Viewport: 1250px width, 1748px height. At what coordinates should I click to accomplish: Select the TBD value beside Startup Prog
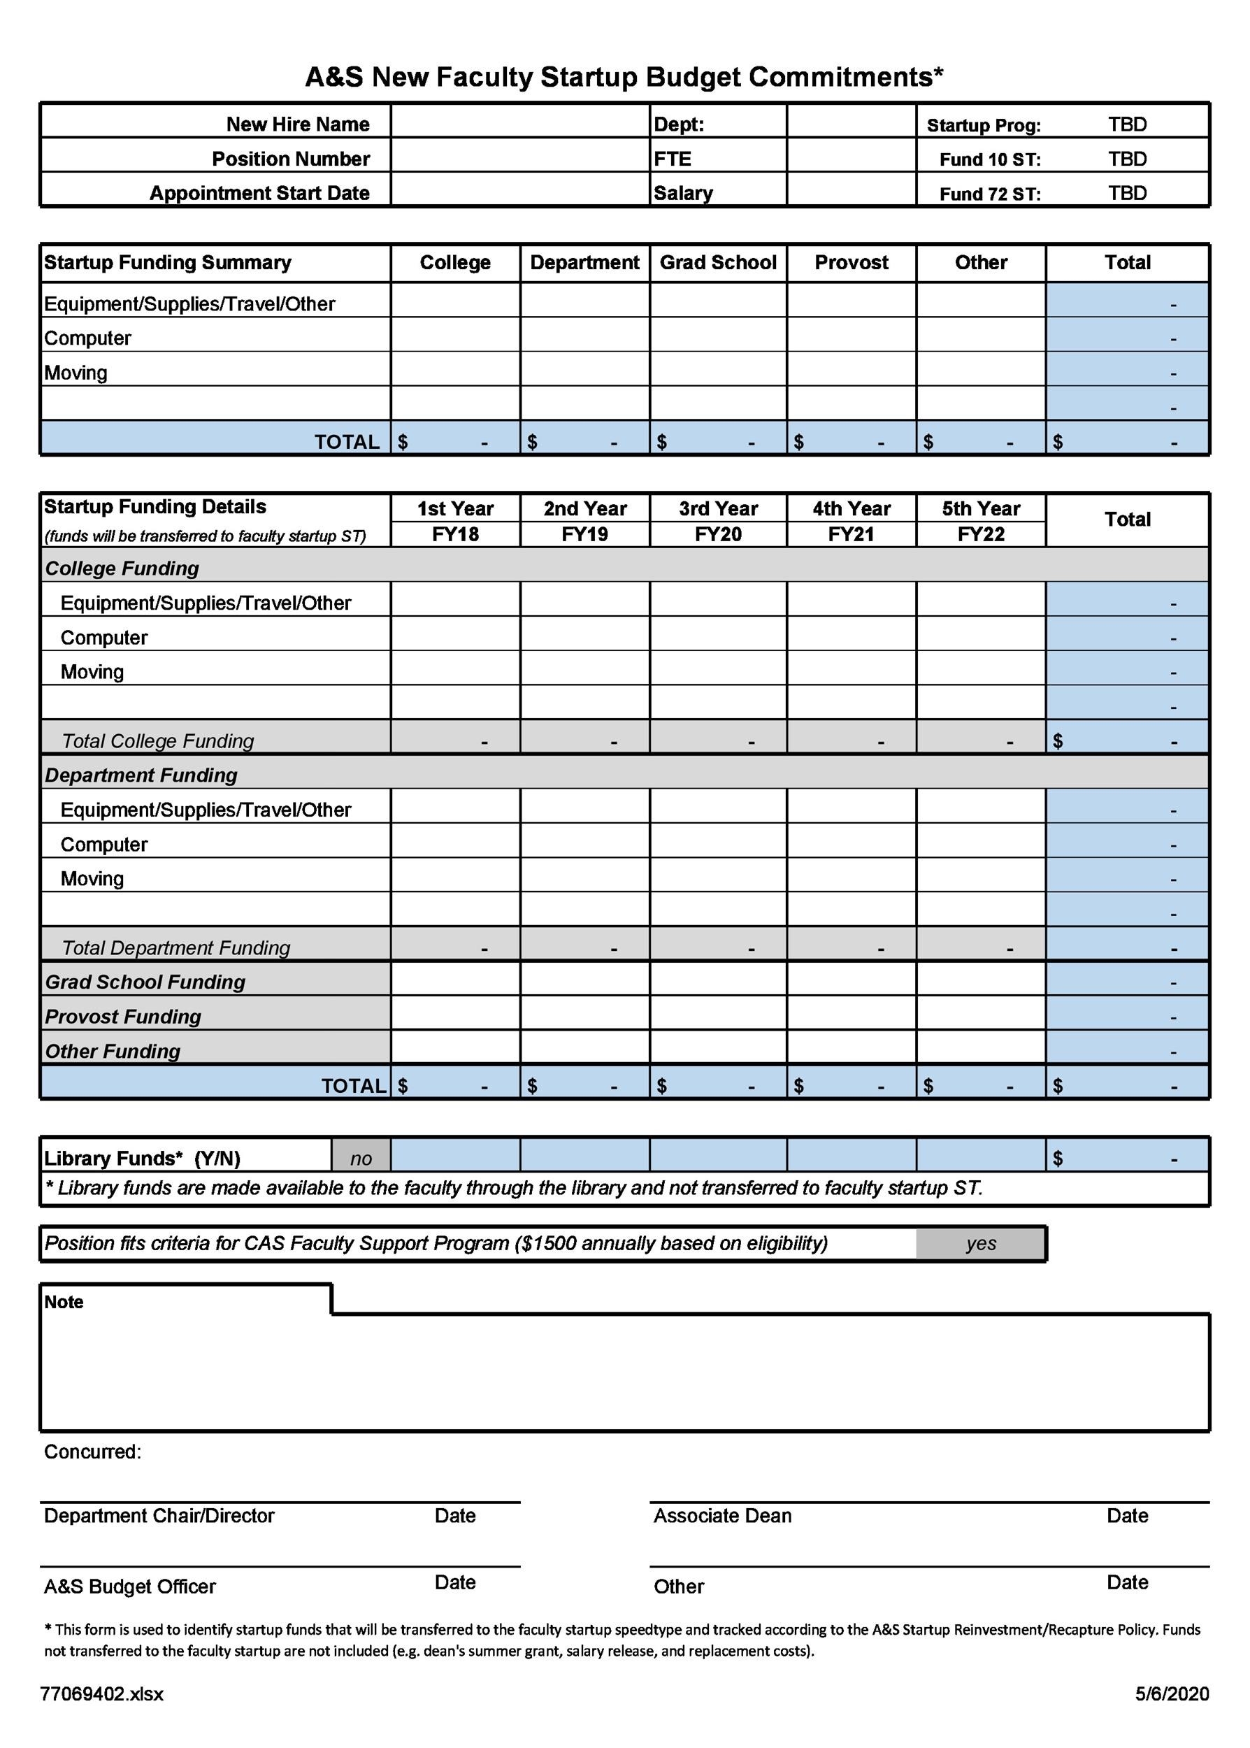(x=1127, y=124)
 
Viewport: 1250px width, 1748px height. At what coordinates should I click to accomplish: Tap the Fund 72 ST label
(x=989, y=194)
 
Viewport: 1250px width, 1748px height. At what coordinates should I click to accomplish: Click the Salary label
(x=683, y=193)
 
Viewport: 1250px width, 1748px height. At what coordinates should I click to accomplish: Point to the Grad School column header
(x=717, y=262)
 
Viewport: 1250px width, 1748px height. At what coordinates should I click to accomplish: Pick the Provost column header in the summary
(x=851, y=262)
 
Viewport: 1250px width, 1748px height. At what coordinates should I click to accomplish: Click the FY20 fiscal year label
(x=717, y=534)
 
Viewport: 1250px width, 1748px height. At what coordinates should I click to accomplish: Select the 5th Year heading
(x=980, y=508)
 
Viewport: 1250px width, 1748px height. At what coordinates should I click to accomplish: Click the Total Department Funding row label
(x=175, y=947)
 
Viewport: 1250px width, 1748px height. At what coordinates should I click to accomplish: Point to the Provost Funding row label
(x=122, y=1016)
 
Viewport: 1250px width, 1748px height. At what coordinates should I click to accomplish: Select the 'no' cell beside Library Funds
(x=360, y=1158)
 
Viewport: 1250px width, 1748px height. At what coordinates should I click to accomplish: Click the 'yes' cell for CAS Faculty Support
(x=981, y=1242)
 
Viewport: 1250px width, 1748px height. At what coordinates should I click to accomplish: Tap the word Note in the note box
(x=63, y=1302)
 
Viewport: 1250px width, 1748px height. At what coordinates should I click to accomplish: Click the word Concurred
(x=92, y=1451)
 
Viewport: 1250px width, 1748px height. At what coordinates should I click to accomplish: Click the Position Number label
(x=290, y=159)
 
